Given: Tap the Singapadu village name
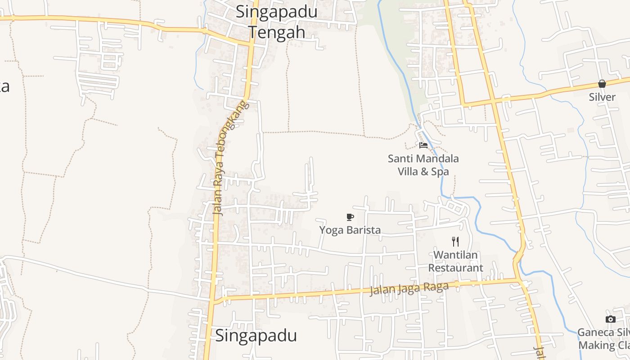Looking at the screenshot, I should tap(256, 336).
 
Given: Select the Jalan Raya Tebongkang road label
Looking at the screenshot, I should tap(230, 157).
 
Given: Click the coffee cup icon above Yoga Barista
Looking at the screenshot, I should tap(350, 217).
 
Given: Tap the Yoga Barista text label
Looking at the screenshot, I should tap(350, 230).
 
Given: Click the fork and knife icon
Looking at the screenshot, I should tap(455, 242).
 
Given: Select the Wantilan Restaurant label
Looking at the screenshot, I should tap(455, 261).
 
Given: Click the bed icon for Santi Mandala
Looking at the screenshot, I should tap(423, 145).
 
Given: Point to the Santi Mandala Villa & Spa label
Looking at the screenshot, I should tap(423, 165).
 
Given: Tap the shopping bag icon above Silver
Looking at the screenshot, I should tap(602, 84).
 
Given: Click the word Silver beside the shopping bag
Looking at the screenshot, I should tap(602, 97).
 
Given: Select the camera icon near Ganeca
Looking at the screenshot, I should tap(611, 319).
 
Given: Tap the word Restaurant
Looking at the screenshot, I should tap(455, 268).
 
